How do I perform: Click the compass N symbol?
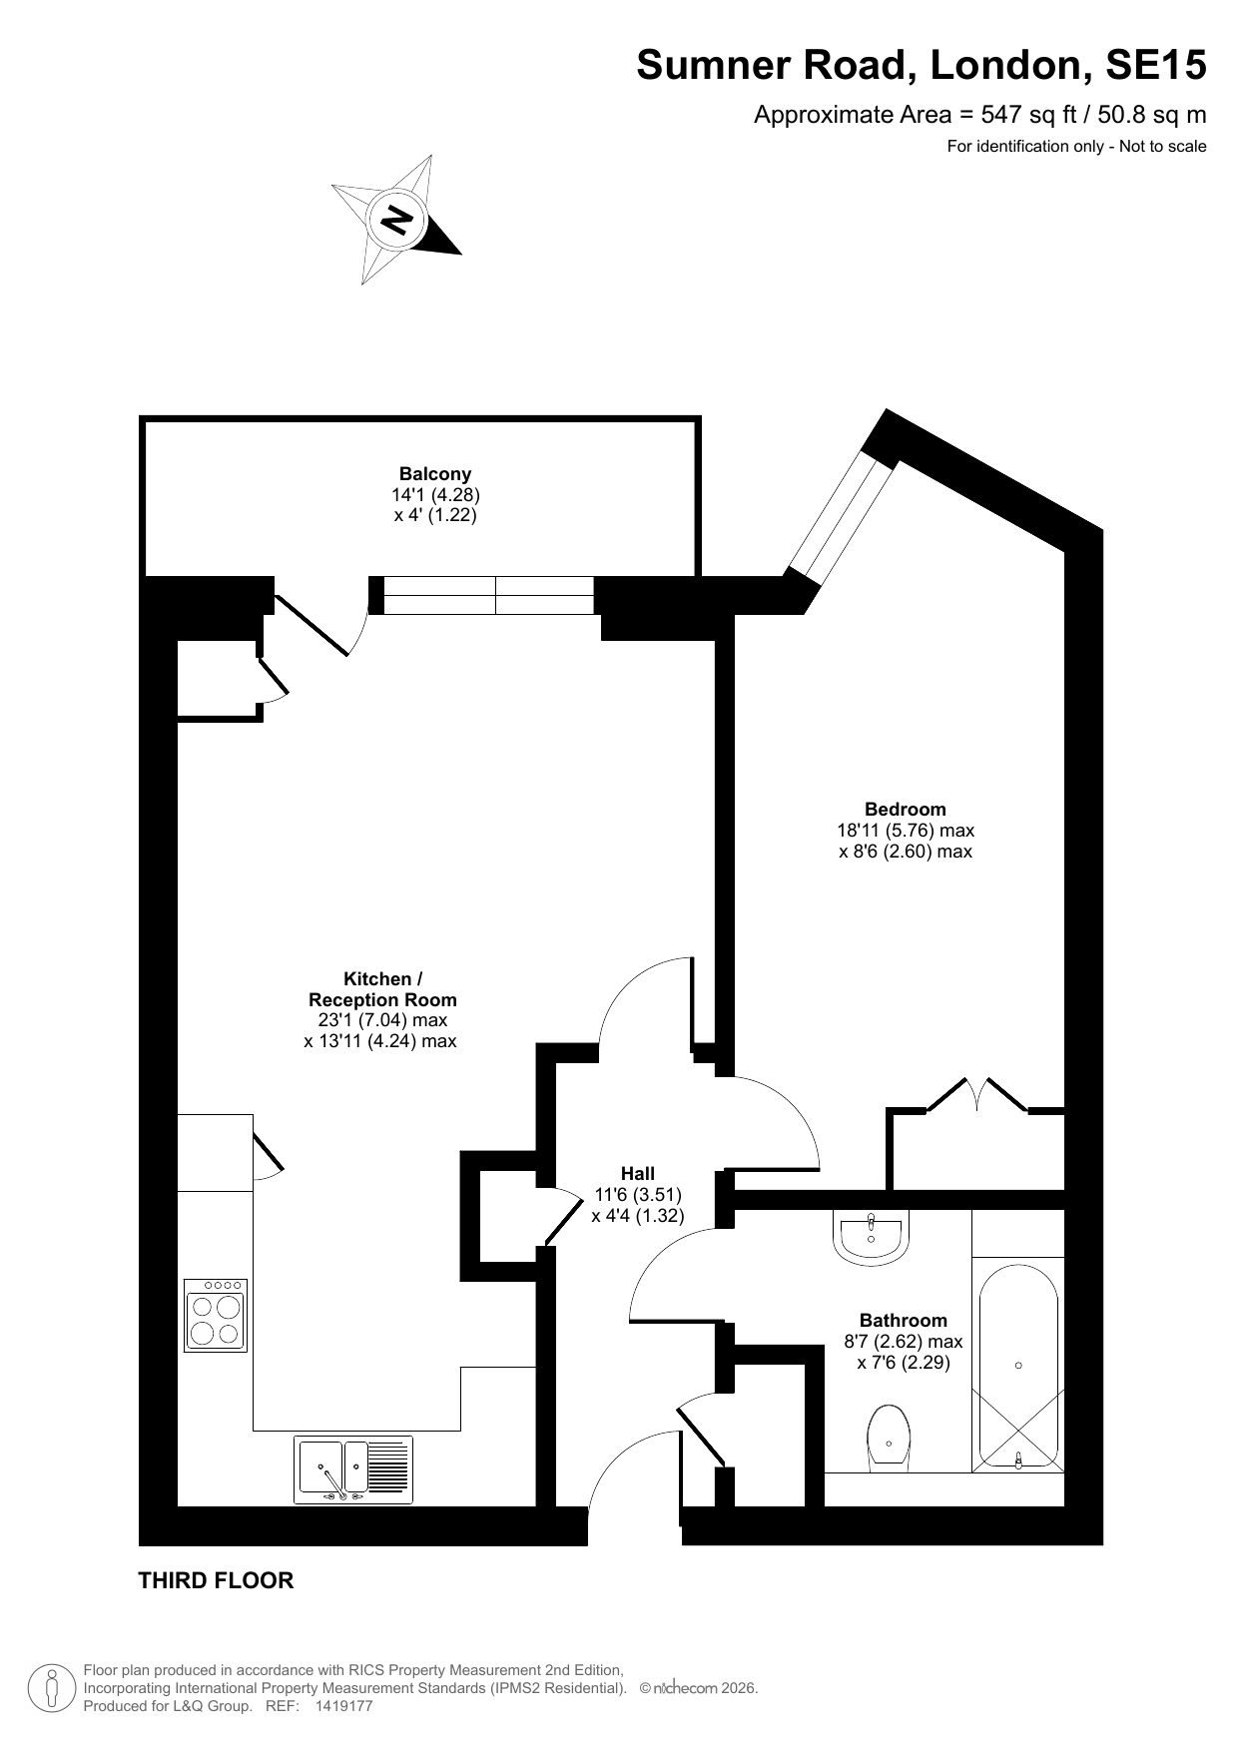point(397,220)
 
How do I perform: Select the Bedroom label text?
point(906,809)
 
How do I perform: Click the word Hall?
point(638,1173)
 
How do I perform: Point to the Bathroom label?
point(904,1321)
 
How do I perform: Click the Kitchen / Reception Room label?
point(382,989)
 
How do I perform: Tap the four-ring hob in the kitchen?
point(215,1316)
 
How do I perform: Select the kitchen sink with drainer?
point(352,1469)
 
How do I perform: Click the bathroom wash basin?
point(872,1237)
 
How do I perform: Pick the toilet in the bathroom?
point(889,1439)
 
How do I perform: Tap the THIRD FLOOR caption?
point(216,1580)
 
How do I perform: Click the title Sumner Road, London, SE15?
point(922,66)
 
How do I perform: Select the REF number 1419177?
point(343,1706)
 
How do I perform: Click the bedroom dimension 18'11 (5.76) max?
point(906,830)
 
